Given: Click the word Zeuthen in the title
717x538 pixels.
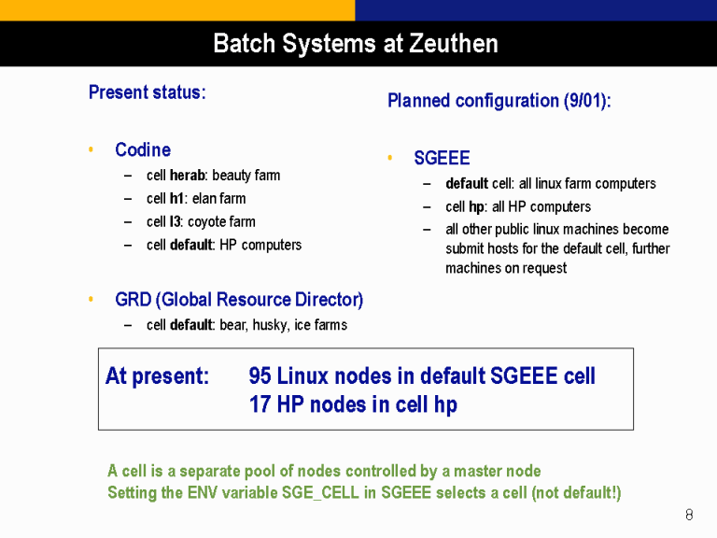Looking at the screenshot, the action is point(453,44).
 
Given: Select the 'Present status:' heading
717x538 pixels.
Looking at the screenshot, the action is point(148,92).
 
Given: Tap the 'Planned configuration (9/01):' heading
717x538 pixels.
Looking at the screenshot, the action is point(499,101).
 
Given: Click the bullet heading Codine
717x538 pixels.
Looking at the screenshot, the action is point(143,149).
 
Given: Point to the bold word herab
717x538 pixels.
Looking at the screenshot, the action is point(187,176).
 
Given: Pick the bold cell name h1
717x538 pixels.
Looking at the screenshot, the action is point(176,199).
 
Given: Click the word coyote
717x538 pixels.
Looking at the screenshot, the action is point(204,222).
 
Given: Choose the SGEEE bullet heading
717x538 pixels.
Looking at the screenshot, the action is point(442,158).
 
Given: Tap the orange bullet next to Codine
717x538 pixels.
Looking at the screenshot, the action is point(91,149).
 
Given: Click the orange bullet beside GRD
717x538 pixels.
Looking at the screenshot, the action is point(91,299).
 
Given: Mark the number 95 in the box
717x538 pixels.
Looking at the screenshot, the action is point(260,376).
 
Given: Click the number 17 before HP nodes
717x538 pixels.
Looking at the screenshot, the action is point(260,404).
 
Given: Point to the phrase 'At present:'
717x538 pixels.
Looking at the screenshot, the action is point(157,376).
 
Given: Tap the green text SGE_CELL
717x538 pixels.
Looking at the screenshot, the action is point(320,493).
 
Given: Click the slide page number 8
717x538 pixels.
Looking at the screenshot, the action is point(689,515).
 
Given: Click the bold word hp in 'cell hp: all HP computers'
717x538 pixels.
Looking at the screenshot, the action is point(476,207).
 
